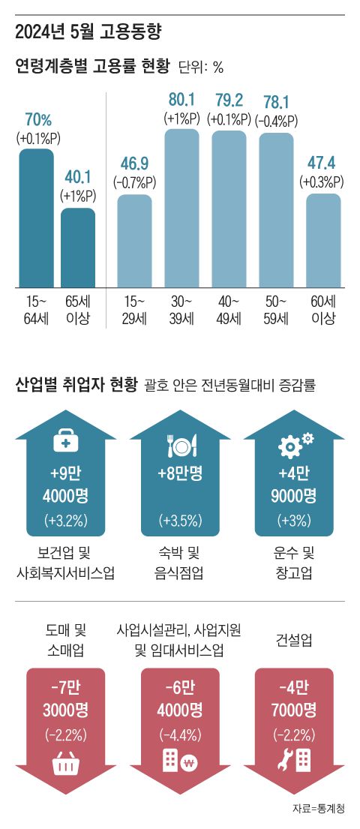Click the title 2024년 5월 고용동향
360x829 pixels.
pyautogui.click(x=88, y=32)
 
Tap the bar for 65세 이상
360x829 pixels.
pyautogui.click(x=78, y=248)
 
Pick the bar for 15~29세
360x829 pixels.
pyautogui.click(x=135, y=240)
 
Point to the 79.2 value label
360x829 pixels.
pyautogui.click(x=228, y=100)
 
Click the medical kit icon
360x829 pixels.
pyautogui.click(x=65, y=443)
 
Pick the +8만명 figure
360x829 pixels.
pyautogui.click(x=180, y=473)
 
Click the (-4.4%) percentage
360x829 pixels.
pyautogui.click(x=181, y=733)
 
